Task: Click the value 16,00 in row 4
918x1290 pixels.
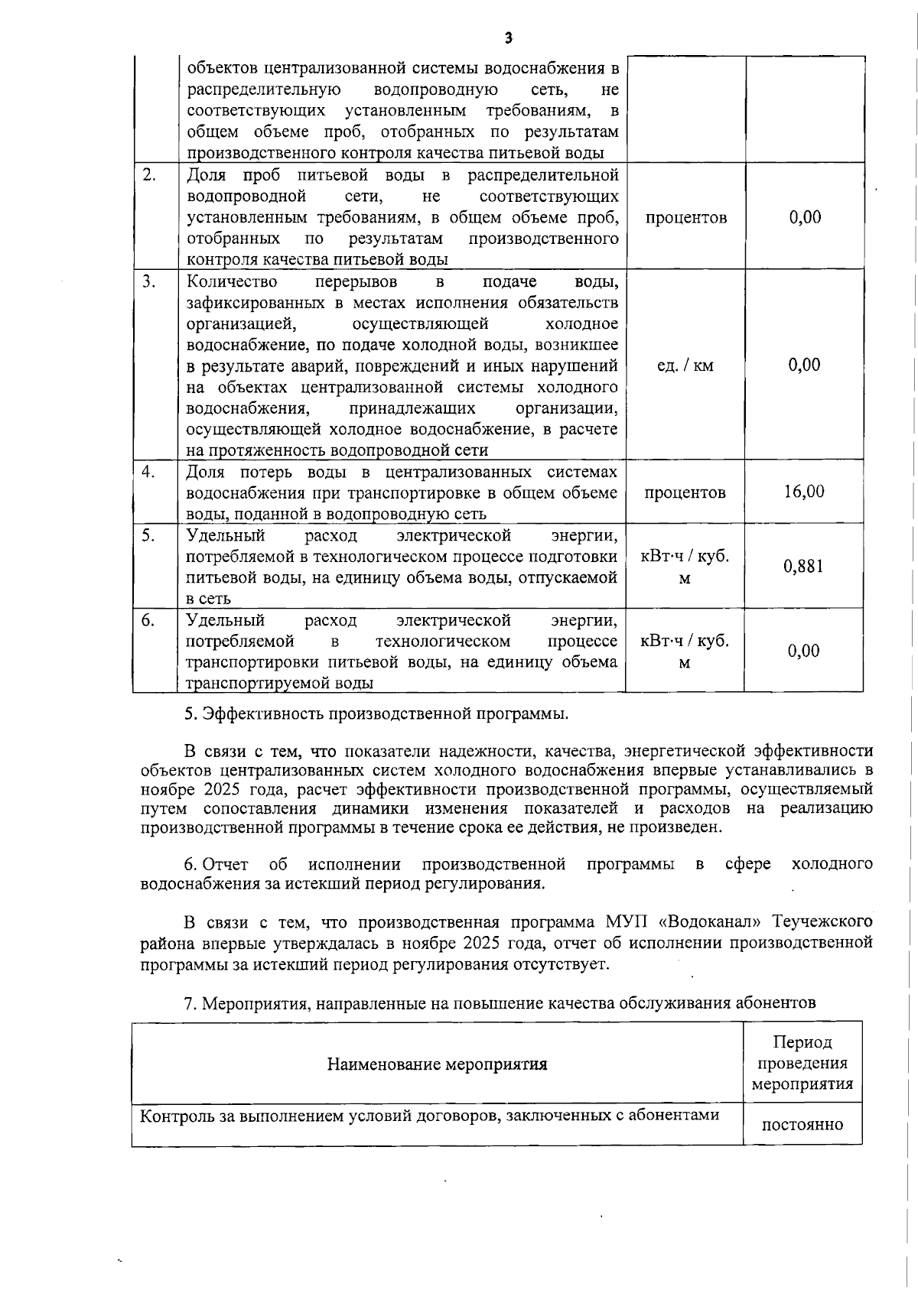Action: point(804,491)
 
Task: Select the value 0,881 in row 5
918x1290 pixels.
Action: point(803,567)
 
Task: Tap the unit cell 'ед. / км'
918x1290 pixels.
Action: point(685,366)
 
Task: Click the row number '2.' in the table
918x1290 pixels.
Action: point(150,174)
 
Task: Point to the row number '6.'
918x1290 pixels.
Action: point(148,620)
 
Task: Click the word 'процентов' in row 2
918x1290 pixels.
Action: point(686,218)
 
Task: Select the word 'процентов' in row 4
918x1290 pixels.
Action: point(685,492)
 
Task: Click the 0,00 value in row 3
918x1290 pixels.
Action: point(805,365)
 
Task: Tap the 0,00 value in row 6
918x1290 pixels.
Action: point(804,651)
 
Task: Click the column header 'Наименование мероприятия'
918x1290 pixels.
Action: point(437,1064)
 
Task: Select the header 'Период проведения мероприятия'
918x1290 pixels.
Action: point(802,1063)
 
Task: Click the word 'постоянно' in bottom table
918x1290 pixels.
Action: point(802,1125)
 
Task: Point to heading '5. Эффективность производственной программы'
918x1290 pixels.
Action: point(376,714)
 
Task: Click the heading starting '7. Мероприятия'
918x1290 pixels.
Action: point(500,1002)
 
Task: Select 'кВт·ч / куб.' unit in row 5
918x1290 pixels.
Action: point(685,557)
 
